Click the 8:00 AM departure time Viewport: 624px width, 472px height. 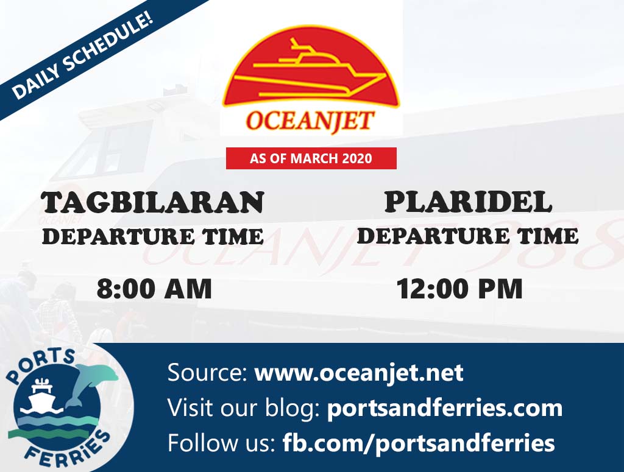pyautogui.click(x=154, y=289)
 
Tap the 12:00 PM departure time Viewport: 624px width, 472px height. pyautogui.click(x=459, y=289)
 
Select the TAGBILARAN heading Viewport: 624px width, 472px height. pyautogui.click(x=153, y=203)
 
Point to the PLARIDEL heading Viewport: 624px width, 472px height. pyautogui.click(x=468, y=202)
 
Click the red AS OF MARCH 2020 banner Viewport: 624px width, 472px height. pyautogui.click(x=311, y=158)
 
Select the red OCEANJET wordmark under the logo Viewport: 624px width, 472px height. pyautogui.click(x=310, y=121)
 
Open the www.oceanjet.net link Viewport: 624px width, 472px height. pyautogui.click(x=359, y=373)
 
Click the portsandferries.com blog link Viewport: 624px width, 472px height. pyautogui.click(x=444, y=408)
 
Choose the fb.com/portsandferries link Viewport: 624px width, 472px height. pyautogui.click(x=419, y=443)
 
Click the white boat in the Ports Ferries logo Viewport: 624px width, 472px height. pyautogui.click(x=41, y=397)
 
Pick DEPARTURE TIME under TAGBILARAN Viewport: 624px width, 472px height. pyautogui.click(x=153, y=236)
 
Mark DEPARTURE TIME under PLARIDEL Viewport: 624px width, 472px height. pyautogui.click(x=468, y=236)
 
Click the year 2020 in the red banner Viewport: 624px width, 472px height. pyautogui.click(x=356, y=158)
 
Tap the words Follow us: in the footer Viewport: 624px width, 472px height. pyautogui.click(x=221, y=443)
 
